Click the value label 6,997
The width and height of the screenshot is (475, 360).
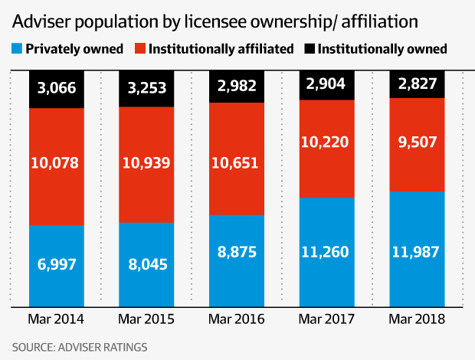point(57,264)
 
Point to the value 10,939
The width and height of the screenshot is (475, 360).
point(147,162)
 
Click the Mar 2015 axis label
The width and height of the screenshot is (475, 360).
point(147,318)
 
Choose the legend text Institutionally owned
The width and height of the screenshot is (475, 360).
point(382,49)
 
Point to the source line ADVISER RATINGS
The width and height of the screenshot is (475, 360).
point(106,347)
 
